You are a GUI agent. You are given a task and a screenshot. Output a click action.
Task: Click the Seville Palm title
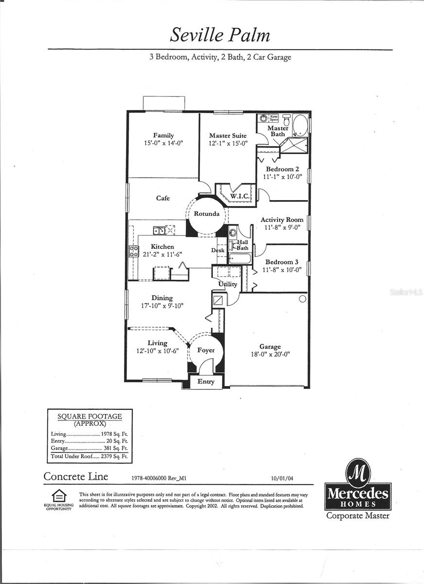[220, 35]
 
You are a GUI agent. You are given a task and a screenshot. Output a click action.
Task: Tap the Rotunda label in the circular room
[207, 214]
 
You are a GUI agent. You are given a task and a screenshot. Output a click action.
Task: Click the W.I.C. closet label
[239, 196]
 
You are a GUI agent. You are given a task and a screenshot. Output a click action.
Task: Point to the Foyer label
[206, 350]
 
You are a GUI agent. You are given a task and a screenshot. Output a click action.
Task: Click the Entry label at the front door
[206, 382]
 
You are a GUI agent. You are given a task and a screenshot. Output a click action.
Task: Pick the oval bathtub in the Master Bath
[300, 125]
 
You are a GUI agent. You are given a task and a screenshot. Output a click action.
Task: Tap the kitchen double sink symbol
[159, 231]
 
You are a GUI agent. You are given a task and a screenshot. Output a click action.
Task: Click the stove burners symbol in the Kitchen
[134, 252]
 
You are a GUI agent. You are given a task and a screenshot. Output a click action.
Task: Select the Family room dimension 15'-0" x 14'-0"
[163, 143]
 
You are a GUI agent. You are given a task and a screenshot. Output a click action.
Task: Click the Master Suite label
[228, 135]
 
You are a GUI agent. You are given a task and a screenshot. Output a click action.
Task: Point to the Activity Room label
[282, 219]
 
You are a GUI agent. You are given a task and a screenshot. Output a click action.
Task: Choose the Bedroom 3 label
[282, 262]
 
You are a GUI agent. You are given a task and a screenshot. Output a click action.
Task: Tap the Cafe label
[163, 198]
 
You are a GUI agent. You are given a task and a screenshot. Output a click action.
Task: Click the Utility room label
[228, 284]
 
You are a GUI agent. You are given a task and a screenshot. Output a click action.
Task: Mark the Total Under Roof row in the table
[89, 457]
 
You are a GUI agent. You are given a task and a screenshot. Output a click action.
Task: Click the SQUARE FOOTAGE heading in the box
[89, 417]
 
